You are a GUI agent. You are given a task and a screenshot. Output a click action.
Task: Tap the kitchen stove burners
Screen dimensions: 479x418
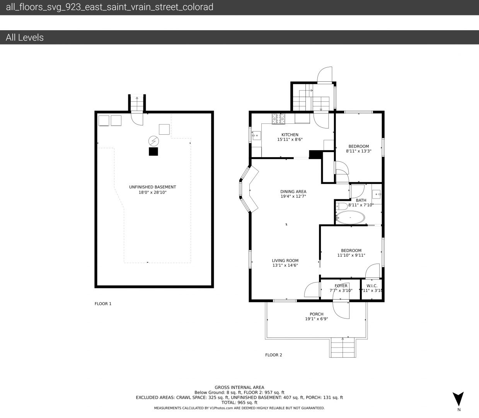(x=279, y=119)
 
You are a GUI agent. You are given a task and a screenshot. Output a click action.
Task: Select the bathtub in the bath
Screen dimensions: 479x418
(x=350, y=218)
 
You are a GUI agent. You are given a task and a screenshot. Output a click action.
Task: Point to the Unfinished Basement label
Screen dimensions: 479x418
(x=152, y=187)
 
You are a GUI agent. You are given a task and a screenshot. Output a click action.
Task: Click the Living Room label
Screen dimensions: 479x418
(x=285, y=260)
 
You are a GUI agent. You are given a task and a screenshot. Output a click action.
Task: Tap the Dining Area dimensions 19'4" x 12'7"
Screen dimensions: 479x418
(x=293, y=196)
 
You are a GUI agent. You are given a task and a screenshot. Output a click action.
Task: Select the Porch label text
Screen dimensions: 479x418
(x=317, y=314)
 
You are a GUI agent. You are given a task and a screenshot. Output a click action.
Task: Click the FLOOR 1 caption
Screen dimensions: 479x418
(x=103, y=304)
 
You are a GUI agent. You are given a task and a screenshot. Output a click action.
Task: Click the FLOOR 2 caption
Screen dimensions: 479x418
(x=273, y=355)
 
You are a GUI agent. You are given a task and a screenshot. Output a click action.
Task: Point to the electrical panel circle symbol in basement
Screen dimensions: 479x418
(x=153, y=141)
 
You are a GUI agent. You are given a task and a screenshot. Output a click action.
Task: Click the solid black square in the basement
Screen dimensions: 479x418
(x=153, y=152)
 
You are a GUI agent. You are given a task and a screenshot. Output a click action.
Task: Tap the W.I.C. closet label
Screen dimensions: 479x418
(x=372, y=286)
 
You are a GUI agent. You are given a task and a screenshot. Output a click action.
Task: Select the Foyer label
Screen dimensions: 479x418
(x=341, y=286)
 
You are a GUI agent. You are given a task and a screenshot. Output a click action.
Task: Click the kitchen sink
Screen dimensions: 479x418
(x=257, y=135)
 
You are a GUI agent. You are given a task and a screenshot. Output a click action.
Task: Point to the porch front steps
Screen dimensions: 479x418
(x=343, y=348)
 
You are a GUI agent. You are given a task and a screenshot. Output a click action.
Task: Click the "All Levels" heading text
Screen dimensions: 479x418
(x=25, y=38)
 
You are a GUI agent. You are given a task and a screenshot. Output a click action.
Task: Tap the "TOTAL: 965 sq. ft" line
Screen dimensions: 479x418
(x=239, y=403)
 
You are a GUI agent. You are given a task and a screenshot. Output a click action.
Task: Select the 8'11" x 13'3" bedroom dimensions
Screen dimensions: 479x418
(x=359, y=151)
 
